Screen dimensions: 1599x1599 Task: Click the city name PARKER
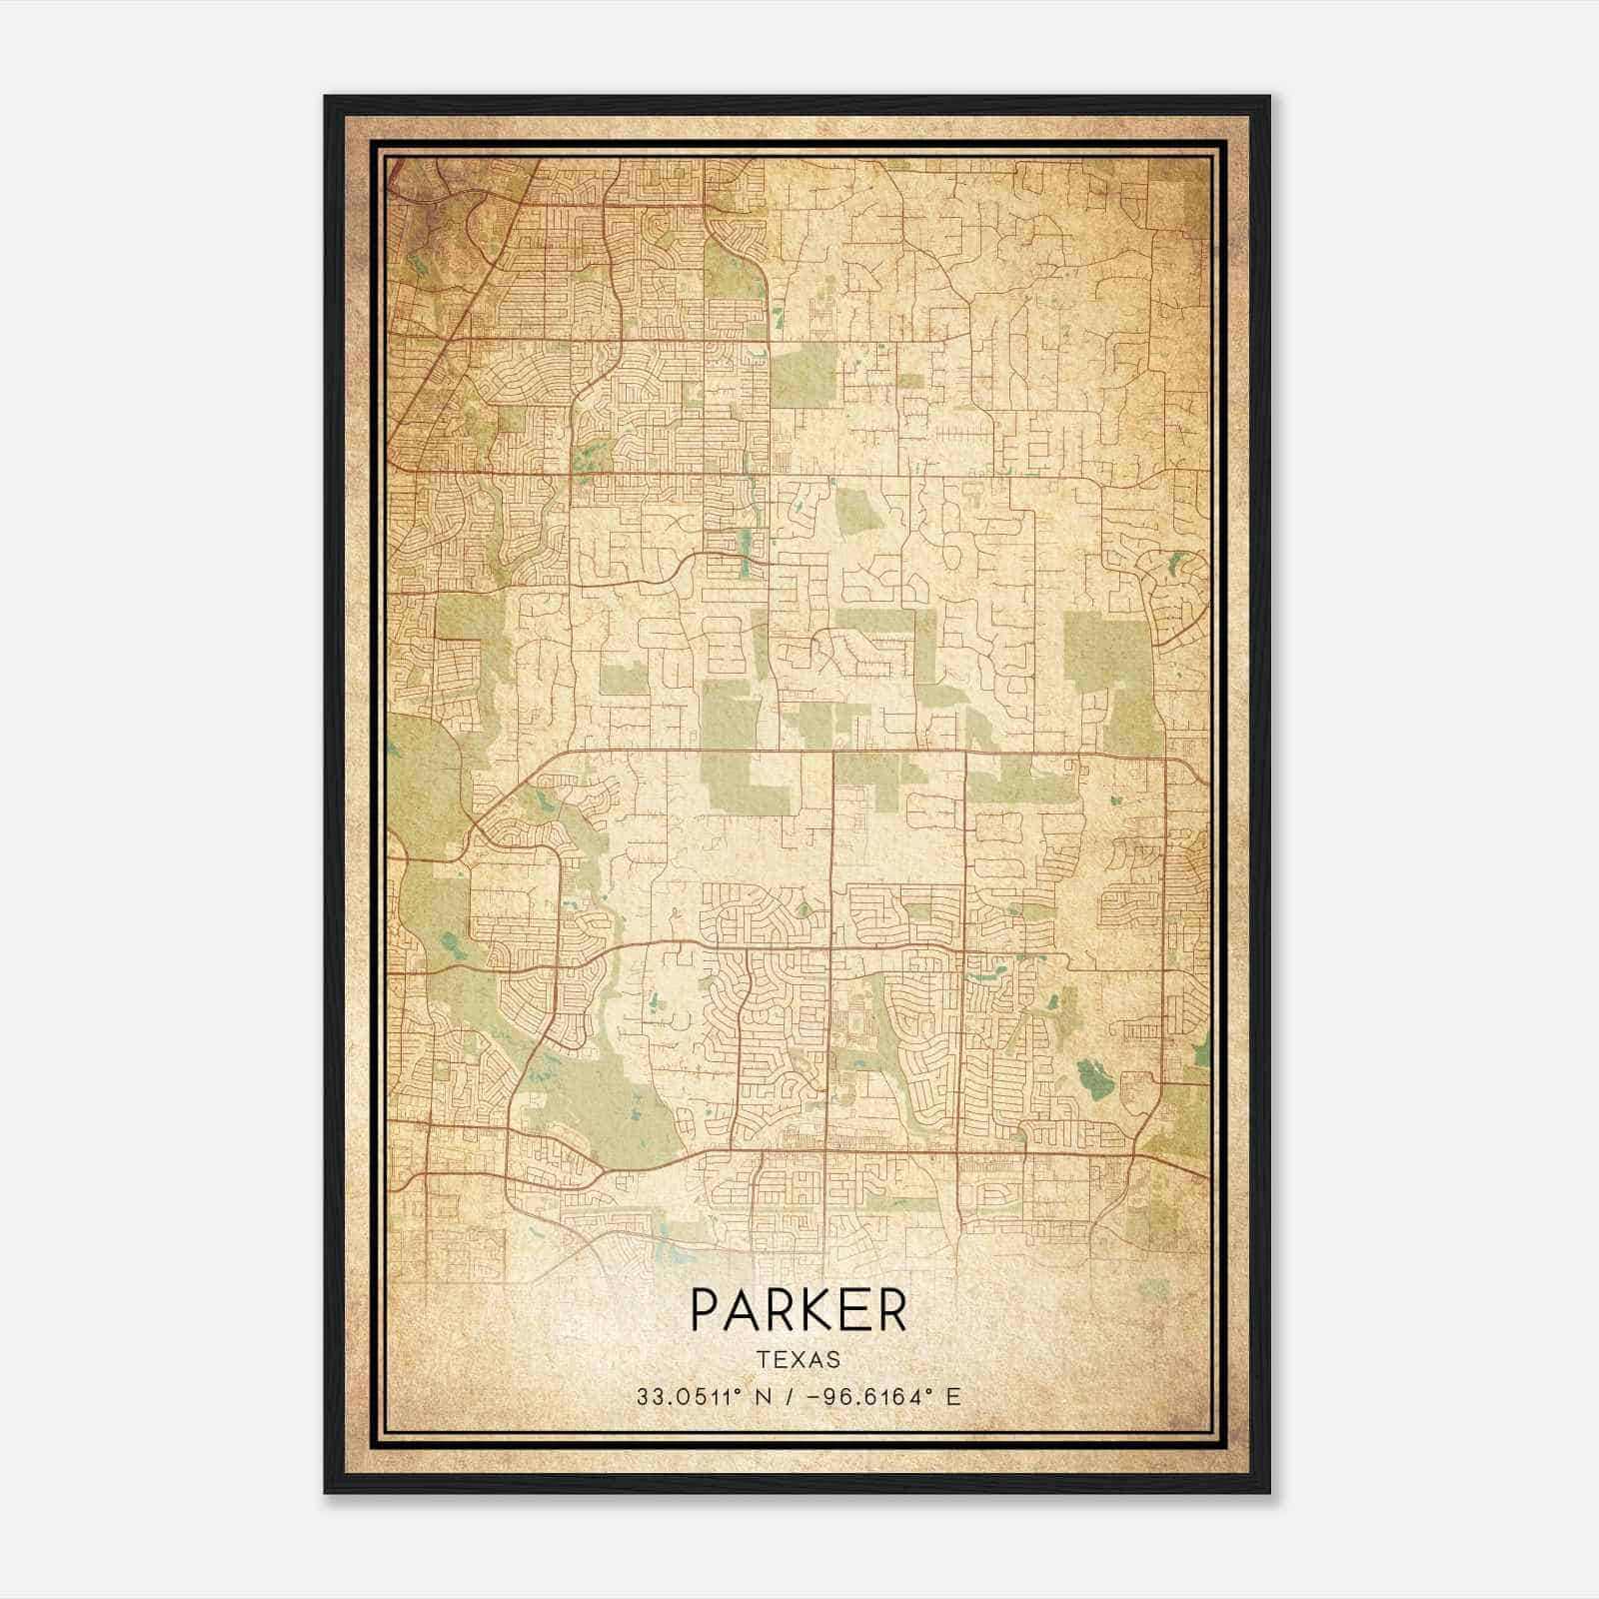click(x=799, y=1310)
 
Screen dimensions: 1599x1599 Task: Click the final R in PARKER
click(x=891, y=1310)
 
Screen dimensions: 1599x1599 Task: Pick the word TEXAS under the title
click(x=799, y=1359)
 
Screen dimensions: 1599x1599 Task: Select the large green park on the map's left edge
click(x=425, y=790)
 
